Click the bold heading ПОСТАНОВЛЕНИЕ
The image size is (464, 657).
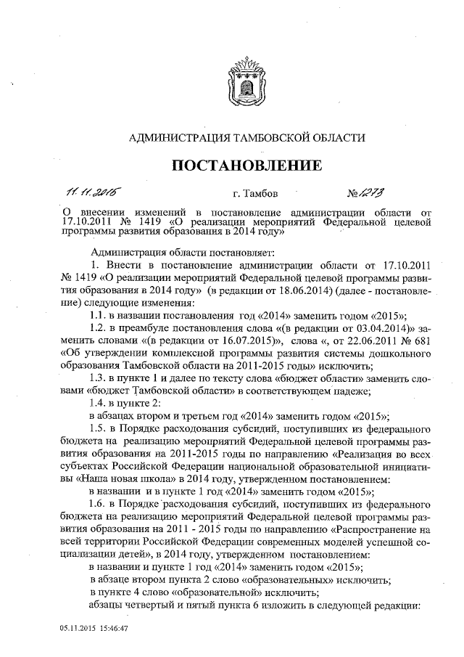click(246, 166)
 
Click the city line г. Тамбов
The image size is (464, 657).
click(255, 195)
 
